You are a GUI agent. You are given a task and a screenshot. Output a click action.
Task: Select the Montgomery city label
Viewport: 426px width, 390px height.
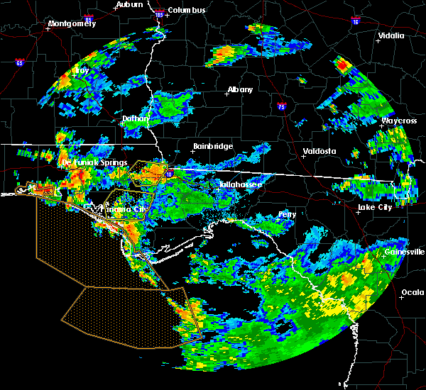(x=71, y=23)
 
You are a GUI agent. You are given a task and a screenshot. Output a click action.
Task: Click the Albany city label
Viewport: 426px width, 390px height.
(x=240, y=89)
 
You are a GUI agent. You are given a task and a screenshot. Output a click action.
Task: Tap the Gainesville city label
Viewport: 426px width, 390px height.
(x=405, y=252)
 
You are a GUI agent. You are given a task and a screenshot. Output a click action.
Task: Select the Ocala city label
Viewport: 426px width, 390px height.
(x=413, y=292)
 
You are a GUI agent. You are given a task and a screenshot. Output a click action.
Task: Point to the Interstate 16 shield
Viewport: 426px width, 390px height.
(x=355, y=22)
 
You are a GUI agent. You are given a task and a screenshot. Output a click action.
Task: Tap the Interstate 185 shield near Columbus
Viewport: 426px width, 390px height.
(x=159, y=14)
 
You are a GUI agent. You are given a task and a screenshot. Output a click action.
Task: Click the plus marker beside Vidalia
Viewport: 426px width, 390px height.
(x=378, y=41)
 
